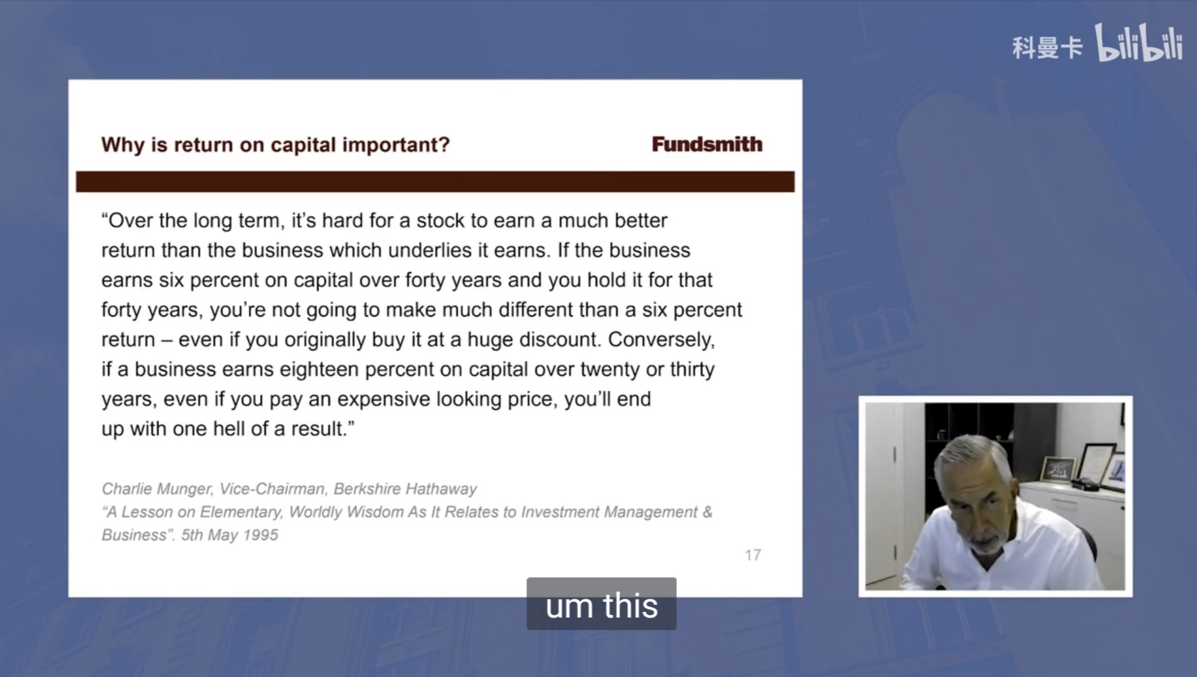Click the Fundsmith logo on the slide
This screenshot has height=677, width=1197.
tap(707, 144)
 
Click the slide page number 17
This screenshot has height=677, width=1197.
tap(753, 555)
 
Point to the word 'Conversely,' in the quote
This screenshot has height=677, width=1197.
tap(661, 340)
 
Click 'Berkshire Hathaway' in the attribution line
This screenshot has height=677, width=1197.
tap(405, 488)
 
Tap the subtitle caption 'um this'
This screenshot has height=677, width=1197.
tap(602, 605)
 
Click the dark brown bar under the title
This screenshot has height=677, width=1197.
tap(435, 182)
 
